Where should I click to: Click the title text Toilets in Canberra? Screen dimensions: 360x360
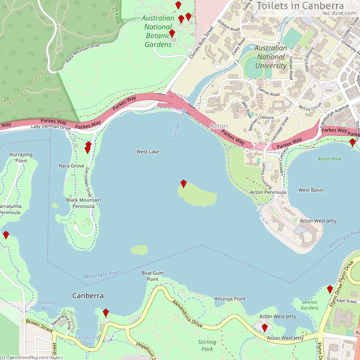pos(306,6)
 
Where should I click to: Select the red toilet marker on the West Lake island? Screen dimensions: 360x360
pos(183,183)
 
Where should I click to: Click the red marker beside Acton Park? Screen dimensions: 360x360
pos(352,142)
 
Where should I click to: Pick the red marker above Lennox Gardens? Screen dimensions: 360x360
pos(330,289)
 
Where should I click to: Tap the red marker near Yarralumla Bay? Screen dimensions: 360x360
pos(106,313)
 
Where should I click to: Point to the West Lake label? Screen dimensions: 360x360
pos(148,152)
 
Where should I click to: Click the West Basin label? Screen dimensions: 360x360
pos(311,190)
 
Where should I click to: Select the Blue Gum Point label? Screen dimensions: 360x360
pos(153,276)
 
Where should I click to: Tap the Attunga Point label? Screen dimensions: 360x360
pos(230,299)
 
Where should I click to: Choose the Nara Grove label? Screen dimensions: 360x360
pos(72,166)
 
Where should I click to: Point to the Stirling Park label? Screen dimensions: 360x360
pos(207,346)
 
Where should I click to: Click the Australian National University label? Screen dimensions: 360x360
pos(271,57)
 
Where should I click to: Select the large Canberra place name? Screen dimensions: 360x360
pos(88,295)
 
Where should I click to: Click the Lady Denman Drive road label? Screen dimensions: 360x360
pos(50,127)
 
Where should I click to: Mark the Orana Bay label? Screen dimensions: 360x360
pos(46,305)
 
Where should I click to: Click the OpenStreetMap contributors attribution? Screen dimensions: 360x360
pos(32,357)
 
